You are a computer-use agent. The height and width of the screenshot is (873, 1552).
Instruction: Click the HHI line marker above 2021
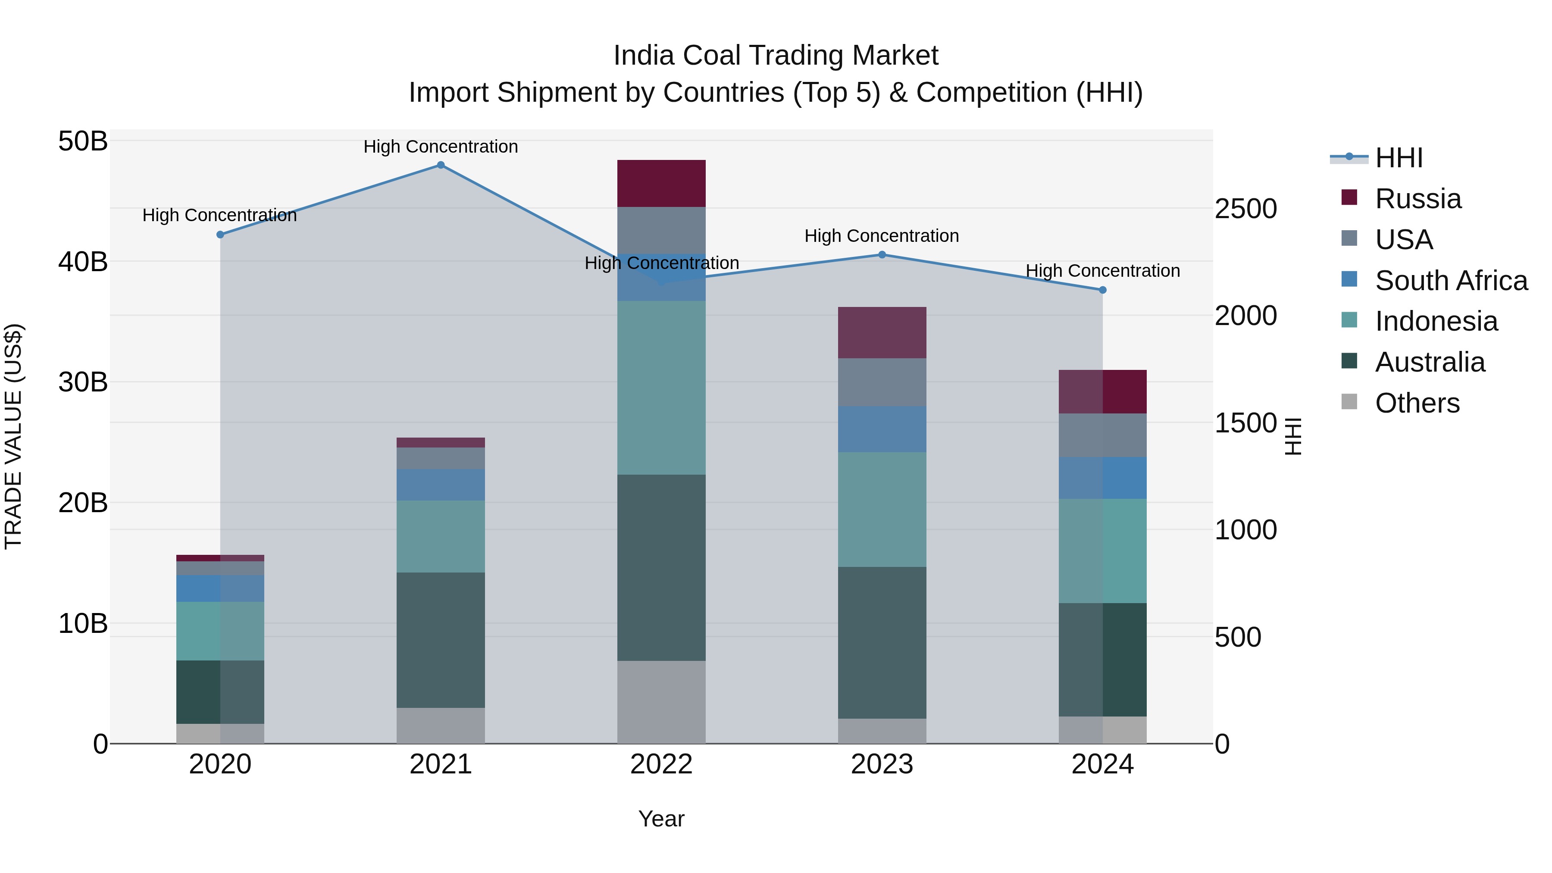(441, 165)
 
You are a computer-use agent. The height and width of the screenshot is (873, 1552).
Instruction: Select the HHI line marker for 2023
(882, 255)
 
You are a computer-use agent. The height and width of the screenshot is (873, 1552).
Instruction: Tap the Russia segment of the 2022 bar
(661, 184)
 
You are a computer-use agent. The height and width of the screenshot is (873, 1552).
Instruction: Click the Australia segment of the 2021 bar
(441, 640)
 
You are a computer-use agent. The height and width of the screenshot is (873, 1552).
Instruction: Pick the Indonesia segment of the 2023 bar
(882, 509)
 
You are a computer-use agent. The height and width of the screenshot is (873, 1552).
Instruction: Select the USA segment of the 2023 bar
(882, 382)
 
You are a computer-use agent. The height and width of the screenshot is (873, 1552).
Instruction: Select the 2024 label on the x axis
(1102, 764)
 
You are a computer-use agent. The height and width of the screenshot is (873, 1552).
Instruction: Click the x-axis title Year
(661, 819)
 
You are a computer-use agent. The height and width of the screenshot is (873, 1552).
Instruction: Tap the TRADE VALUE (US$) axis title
(13, 436)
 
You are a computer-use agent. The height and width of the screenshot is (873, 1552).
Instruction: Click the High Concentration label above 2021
(441, 147)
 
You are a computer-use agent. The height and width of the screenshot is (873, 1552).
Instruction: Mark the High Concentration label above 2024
(1102, 271)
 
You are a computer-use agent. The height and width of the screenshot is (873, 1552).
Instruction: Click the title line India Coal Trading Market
(776, 56)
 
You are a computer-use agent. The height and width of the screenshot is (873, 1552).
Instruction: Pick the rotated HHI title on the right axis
(1293, 436)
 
